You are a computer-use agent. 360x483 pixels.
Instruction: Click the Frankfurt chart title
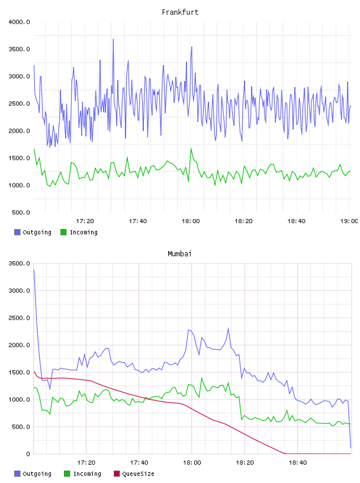pyautogui.click(x=180, y=12)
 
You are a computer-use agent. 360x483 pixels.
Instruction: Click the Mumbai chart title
pyautogui.click(x=179, y=254)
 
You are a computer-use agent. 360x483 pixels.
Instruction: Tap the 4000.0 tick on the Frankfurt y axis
pyautogui.click(x=19, y=22)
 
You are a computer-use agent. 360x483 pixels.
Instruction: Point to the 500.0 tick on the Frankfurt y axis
pyautogui.click(x=21, y=212)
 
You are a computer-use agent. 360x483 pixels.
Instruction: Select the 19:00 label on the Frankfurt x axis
pyautogui.click(x=349, y=221)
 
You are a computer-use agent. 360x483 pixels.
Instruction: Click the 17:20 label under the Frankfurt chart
pyautogui.click(x=85, y=221)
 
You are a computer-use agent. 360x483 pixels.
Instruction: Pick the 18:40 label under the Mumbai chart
pyautogui.click(x=297, y=463)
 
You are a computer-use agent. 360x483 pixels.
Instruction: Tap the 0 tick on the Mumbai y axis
pyautogui.click(x=28, y=454)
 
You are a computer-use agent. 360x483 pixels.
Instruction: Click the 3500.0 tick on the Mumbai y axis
pyautogui.click(x=19, y=263)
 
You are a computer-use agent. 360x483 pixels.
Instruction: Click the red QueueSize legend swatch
pyautogui.click(x=117, y=474)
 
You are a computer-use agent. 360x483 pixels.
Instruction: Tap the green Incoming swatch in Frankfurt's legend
pyautogui.click(x=63, y=232)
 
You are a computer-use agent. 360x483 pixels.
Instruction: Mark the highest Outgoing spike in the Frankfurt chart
pyautogui.click(x=113, y=40)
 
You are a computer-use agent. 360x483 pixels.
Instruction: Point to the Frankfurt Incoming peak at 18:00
pyautogui.click(x=191, y=149)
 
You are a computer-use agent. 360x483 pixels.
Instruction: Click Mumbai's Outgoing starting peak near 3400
pyautogui.click(x=34, y=270)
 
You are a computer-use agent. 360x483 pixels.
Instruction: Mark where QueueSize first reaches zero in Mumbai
pyautogui.click(x=284, y=453)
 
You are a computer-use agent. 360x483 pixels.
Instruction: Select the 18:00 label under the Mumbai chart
pyautogui.click(x=192, y=463)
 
